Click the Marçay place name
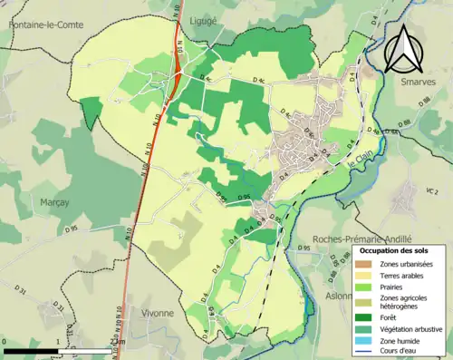tap(54, 202)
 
